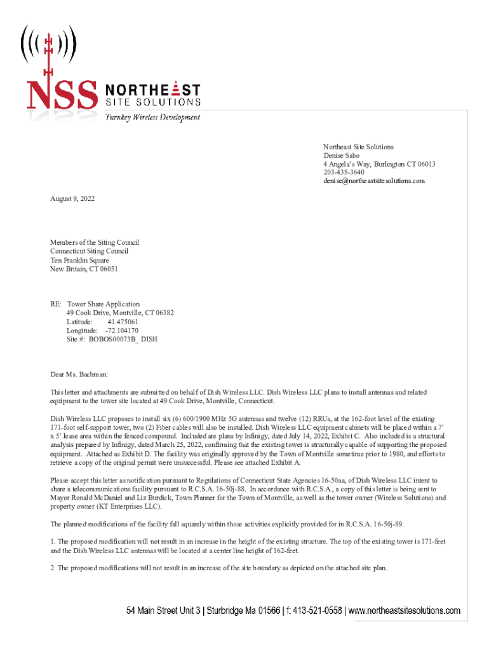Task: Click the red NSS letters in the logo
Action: [x=62, y=95]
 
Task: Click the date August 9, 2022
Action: [x=72, y=199]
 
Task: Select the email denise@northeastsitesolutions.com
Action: [x=373, y=181]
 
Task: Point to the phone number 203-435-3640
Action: [x=344, y=172]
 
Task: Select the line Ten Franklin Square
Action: [x=79, y=260]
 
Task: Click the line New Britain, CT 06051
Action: [x=84, y=269]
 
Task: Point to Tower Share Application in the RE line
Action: [x=104, y=304]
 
